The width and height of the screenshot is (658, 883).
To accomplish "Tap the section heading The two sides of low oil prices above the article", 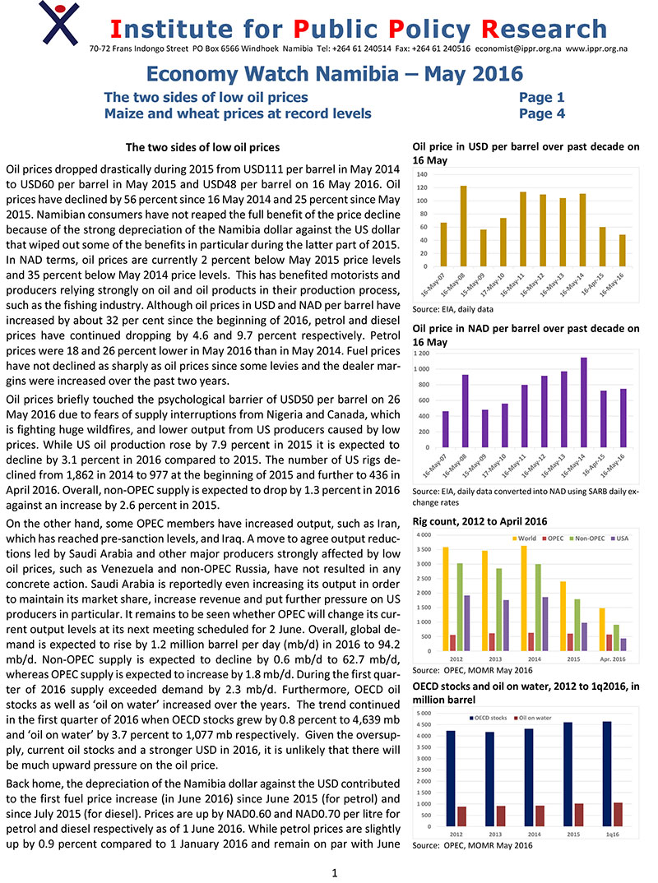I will (202, 148).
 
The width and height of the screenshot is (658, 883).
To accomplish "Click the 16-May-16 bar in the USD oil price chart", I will (622, 250).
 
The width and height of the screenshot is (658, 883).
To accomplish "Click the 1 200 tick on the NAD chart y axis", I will (420, 353).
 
